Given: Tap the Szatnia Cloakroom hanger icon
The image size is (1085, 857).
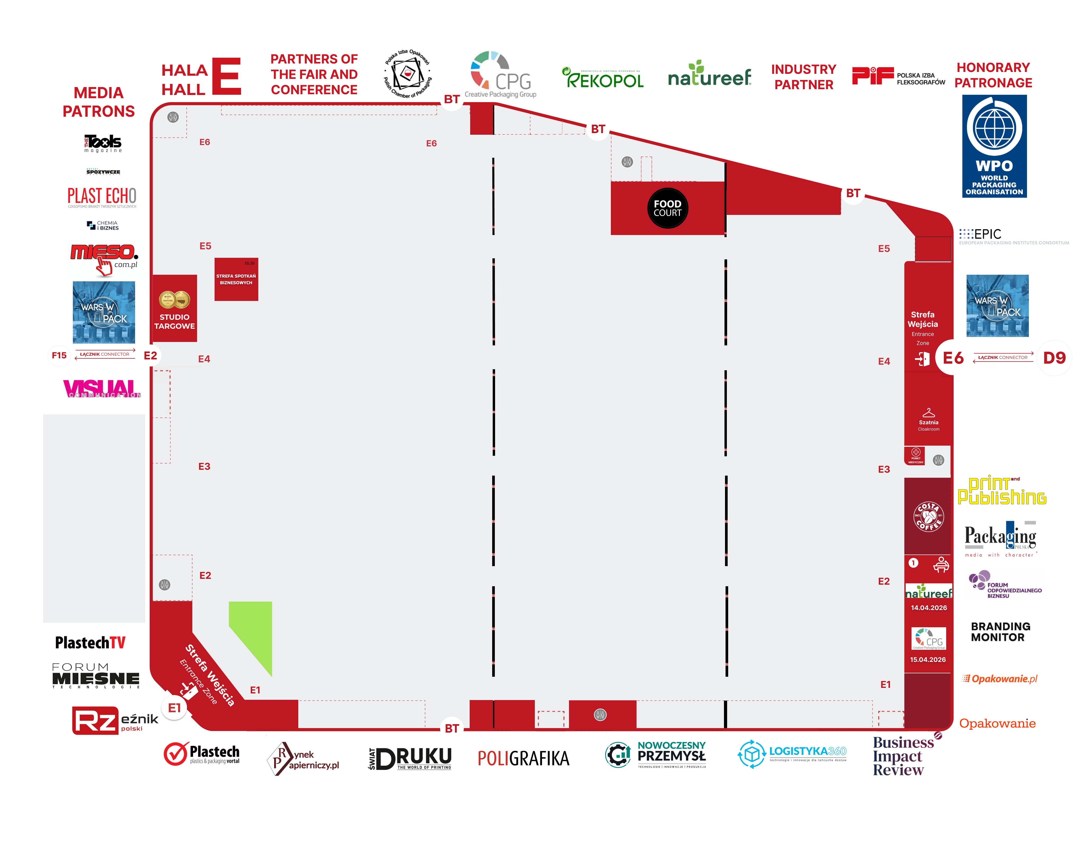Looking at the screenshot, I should (928, 413).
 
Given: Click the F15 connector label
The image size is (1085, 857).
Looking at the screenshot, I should (59, 355).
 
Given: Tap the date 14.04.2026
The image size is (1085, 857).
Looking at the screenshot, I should (928, 608).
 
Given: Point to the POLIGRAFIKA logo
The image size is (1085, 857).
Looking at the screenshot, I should (523, 758).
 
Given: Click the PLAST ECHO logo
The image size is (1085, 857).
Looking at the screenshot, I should (102, 197).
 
